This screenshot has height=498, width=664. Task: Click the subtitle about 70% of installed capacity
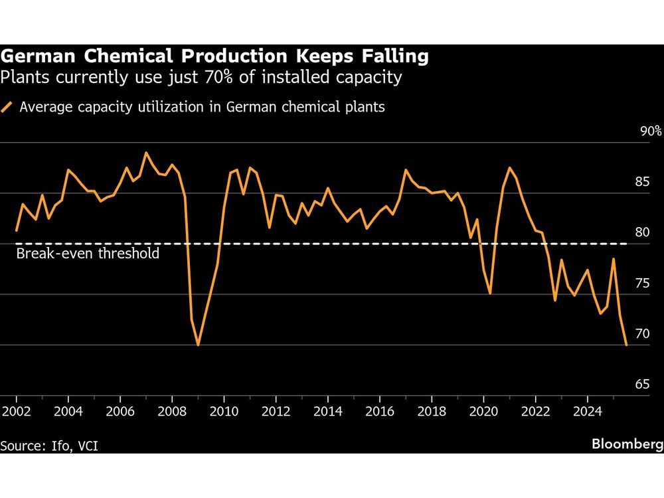201,78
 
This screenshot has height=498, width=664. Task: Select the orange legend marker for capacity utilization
8,107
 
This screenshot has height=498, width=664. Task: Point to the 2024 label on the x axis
586,411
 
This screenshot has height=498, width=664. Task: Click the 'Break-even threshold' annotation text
88,254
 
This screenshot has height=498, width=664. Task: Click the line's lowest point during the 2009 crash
198,345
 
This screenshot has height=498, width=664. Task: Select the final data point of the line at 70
626,345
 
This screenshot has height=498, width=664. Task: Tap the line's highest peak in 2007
146,153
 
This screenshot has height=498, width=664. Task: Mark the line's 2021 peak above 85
509,168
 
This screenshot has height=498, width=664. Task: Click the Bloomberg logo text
627,444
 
